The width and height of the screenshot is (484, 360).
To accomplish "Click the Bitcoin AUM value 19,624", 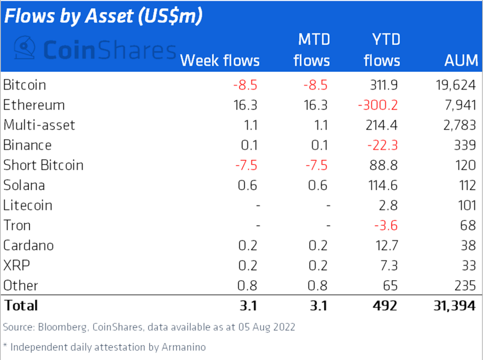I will [455, 85].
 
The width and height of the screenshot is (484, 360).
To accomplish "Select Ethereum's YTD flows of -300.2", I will [378, 105].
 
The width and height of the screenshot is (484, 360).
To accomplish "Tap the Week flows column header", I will [220, 61].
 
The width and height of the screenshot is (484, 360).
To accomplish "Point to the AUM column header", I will [461, 61].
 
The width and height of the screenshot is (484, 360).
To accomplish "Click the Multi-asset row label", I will [39, 125].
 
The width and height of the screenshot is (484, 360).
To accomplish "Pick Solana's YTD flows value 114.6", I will [383, 186].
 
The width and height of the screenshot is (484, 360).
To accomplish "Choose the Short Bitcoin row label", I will [43, 165].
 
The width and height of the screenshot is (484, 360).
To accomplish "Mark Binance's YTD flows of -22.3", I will [382, 145].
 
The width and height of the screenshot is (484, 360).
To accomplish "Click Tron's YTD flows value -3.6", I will [386, 226].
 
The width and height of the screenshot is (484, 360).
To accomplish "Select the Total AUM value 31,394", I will [454, 306].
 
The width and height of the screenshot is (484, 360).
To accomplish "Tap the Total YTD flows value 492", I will [385, 306].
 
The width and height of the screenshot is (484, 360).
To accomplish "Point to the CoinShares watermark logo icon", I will [24, 48].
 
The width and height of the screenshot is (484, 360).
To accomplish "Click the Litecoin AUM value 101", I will [467, 205].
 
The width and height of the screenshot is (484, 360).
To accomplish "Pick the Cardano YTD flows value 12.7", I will [387, 246].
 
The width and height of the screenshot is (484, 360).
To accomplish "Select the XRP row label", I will [16, 266].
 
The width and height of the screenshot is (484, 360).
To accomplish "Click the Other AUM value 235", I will [465, 286].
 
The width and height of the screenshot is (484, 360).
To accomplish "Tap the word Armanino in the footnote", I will [183, 347].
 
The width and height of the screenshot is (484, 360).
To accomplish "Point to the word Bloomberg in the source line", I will [62, 327].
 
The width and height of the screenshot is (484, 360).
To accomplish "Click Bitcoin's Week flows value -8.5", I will [245, 85].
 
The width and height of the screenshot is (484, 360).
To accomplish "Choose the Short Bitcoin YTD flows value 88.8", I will [384, 165].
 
